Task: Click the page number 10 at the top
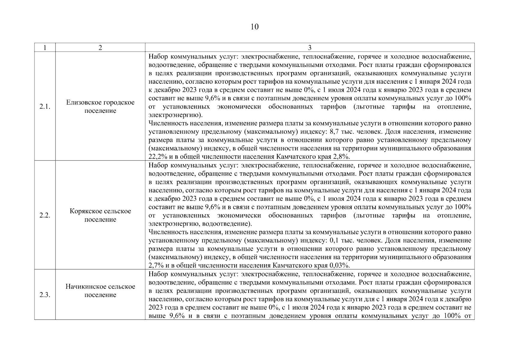pos(254,27)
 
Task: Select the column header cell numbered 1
pos(45,48)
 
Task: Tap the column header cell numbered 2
pos(100,48)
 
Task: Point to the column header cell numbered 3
pos(310,48)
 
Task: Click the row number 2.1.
pos(45,107)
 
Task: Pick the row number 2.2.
pos(45,215)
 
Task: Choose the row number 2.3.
pos(45,295)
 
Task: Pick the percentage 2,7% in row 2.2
pos(154,265)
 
